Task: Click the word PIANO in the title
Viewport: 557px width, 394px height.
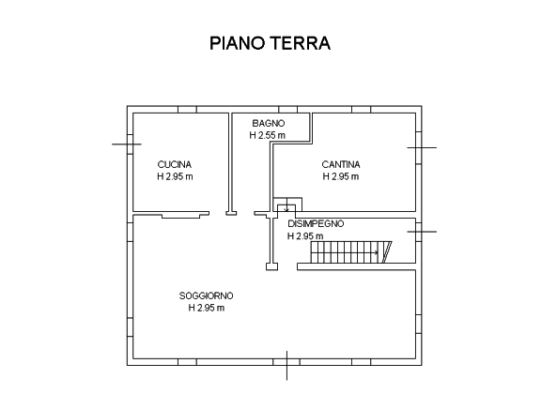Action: tap(237, 43)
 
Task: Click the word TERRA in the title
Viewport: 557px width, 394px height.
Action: tap(301, 43)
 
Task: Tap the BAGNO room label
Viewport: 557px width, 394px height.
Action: tap(269, 124)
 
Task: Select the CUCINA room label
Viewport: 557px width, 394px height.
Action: tap(175, 164)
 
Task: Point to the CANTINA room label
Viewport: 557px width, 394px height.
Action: tap(341, 164)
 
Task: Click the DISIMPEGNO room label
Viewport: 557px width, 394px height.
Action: tap(316, 224)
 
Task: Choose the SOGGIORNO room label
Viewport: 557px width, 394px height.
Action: tap(206, 295)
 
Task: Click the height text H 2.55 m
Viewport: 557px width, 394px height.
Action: tap(267, 135)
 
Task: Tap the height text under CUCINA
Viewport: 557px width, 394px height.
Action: tap(175, 176)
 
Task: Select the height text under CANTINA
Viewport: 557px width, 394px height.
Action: tap(341, 176)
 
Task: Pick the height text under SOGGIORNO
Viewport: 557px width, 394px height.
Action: tap(207, 308)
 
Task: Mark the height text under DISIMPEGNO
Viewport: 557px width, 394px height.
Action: tap(305, 235)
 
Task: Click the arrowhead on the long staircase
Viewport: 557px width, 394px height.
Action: tap(377, 253)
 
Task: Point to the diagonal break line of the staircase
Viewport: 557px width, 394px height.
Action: tap(387, 252)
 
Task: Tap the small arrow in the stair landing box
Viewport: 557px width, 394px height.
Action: tap(286, 208)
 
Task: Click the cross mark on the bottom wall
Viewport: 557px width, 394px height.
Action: tap(286, 365)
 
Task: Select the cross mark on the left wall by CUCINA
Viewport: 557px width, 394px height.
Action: tap(127, 144)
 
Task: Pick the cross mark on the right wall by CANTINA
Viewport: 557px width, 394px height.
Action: tap(422, 147)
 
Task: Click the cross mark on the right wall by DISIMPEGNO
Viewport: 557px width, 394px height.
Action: tap(422, 232)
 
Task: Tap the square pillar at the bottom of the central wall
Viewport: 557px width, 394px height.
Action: tap(271, 266)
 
